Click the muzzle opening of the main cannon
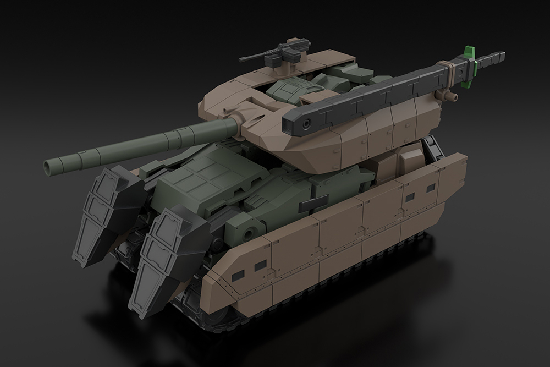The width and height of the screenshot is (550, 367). (x=50, y=165)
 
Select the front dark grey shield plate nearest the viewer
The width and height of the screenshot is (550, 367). (x=160, y=259)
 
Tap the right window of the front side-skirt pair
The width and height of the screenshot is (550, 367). (x=256, y=265)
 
